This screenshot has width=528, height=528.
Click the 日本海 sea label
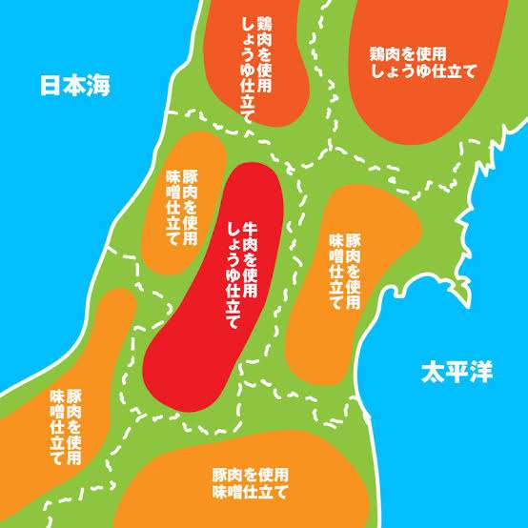pyautogui.click(x=75, y=86)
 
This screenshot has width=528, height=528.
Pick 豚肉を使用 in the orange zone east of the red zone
pyautogui.click(x=353, y=270)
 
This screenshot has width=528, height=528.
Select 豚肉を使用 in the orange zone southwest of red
pyautogui.click(x=73, y=418)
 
